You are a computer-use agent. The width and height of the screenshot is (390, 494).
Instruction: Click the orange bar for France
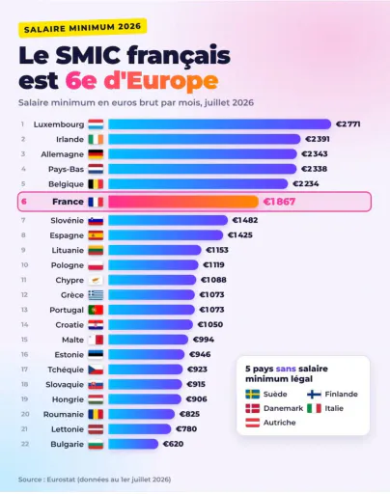click(183, 202)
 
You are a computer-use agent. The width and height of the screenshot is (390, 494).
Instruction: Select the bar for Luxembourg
click(219, 124)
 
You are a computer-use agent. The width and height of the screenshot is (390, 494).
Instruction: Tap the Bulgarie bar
click(133, 444)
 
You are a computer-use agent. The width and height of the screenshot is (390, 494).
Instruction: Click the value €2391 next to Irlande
click(318, 139)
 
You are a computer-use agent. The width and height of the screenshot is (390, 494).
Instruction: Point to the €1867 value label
click(279, 202)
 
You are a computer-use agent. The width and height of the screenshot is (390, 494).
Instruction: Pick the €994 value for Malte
click(204, 340)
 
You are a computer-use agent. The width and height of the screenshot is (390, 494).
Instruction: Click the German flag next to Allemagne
click(96, 154)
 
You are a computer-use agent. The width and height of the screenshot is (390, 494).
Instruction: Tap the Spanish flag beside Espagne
click(96, 235)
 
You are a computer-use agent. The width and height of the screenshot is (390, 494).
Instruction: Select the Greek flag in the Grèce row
click(96, 295)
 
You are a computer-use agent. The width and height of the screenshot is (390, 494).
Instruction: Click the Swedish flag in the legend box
click(253, 394)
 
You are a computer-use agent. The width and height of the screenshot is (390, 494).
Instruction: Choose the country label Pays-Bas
click(66, 169)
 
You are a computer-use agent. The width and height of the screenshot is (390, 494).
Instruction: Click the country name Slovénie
click(67, 220)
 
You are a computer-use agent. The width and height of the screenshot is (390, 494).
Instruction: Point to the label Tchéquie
click(66, 370)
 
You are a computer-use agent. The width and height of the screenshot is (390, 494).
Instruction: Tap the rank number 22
click(25, 444)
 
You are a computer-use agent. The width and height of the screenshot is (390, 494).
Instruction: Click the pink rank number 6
click(24, 202)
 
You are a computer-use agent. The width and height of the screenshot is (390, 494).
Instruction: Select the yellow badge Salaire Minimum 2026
click(83, 27)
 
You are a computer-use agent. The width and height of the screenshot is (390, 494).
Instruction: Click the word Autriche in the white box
click(279, 423)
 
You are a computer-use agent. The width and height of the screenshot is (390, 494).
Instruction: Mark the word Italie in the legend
click(334, 408)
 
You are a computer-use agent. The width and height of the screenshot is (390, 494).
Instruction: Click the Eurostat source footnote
click(95, 480)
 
